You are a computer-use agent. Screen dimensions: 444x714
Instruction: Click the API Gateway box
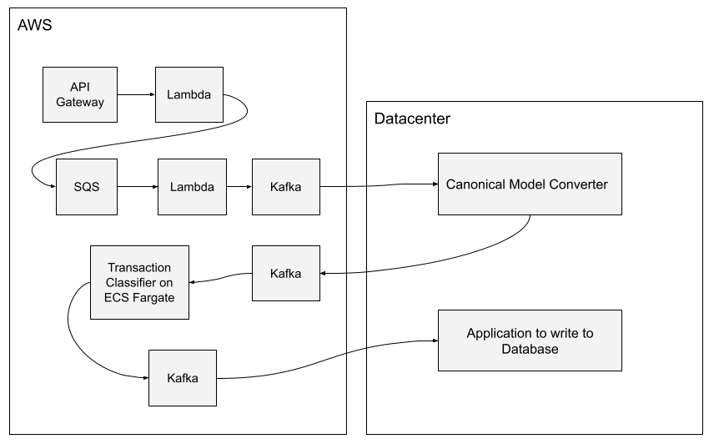(x=80, y=94)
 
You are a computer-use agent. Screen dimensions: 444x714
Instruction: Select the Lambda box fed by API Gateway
(x=189, y=94)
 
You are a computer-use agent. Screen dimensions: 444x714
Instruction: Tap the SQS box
(x=86, y=187)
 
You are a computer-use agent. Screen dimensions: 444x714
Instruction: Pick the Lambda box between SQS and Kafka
(x=191, y=187)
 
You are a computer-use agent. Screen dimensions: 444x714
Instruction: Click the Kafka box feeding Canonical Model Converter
(x=285, y=187)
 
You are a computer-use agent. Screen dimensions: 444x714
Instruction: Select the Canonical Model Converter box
(x=530, y=184)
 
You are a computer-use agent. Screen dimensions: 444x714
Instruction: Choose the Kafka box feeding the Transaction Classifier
(x=286, y=273)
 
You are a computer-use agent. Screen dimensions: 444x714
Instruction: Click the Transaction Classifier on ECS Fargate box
(x=139, y=282)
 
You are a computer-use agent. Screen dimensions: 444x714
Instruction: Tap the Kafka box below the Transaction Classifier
(x=182, y=378)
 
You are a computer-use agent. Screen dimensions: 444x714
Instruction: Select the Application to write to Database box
(x=530, y=341)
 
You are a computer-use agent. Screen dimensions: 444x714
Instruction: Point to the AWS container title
(x=35, y=26)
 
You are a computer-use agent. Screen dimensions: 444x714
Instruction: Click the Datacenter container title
(x=412, y=119)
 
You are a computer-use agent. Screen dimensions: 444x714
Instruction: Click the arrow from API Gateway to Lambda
(x=134, y=94)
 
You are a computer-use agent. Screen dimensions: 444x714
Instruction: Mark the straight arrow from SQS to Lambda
(x=137, y=187)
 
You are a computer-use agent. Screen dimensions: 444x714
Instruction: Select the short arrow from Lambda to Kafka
(x=238, y=187)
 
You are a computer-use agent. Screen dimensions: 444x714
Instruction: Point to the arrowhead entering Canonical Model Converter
(x=435, y=184)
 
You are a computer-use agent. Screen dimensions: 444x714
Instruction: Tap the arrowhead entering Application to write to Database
(x=435, y=341)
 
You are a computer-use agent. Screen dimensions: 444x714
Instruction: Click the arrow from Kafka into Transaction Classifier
(x=221, y=279)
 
